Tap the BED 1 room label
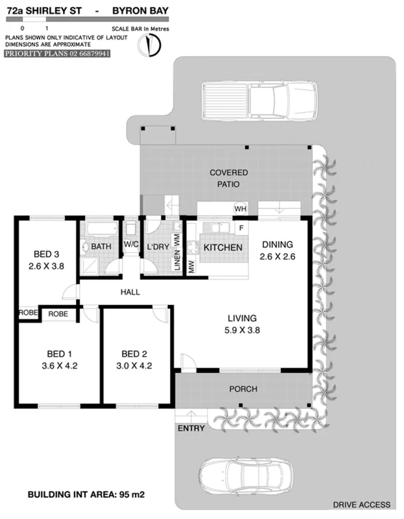59,354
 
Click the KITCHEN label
223,248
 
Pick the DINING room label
278,245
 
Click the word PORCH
244,389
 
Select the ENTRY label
191,428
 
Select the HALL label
130,293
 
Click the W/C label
131,246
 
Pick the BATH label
101,247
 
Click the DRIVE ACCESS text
361,504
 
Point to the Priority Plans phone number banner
57,54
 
